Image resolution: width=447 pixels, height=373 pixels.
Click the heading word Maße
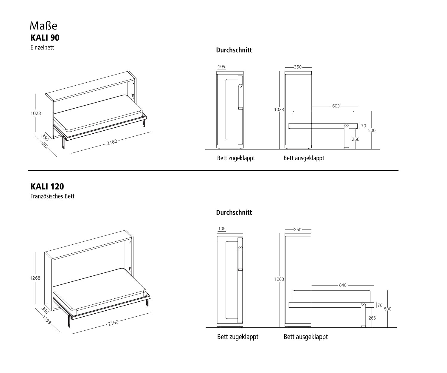click(x=44, y=26)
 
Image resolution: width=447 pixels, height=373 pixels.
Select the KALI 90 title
click(x=45, y=38)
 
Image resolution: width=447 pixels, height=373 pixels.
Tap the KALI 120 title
click(x=47, y=186)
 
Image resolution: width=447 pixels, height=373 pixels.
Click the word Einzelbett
click(x=42, y=47)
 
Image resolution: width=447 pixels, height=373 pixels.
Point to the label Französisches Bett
click(x=52, y=196)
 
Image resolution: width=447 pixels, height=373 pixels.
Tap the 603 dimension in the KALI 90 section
click(x=336, y=106)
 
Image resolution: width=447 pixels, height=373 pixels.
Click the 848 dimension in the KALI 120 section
click(x=343, y=285)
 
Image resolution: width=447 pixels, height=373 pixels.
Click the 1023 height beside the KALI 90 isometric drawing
click(x=35, y=113)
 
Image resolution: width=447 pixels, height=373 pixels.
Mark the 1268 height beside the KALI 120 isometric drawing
click(x=35, y=278)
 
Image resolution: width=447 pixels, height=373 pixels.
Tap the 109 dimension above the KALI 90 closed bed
click(x=221, y=67)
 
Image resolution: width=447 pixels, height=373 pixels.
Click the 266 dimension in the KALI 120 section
click(x=372, y=318)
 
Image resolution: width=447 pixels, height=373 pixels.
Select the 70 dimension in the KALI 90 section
click(x=364, y=126)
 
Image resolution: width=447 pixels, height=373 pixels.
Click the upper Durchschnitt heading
click(x=234, y=50)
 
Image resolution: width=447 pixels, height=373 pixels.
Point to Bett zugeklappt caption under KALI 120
click(x=238, y=337)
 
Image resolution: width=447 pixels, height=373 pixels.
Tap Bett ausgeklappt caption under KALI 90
click(x=304, y=158)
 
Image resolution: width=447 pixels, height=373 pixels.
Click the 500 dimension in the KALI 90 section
click(x=372, y=130)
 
